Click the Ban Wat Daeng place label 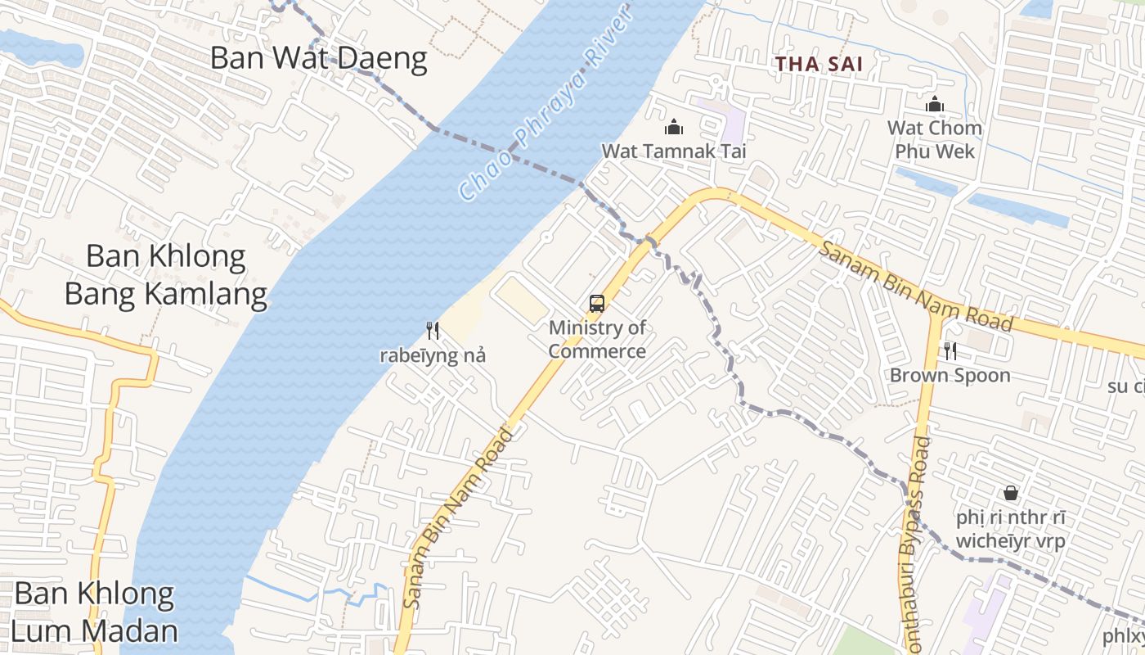(x=319, y=59)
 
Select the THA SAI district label (x=819, y=64)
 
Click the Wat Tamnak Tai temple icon (x=674, y=127)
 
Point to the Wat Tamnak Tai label (x=674, y=151)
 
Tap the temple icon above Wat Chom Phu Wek (x=935, y=104)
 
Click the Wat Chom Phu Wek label (x=935, y=140)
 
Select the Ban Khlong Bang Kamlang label (x=166, y=275)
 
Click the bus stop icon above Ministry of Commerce (x=597, y=304)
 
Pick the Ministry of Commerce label (x=597, y=340)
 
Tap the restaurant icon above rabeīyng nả (x=433, y=331)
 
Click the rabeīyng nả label (x=433, y=355)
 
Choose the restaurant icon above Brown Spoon (x=950, y=351)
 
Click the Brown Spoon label (x=950, y=376)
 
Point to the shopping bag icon (x=1011, y=493)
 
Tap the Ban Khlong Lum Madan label (x=96, y=612)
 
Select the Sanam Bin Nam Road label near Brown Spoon (x=916, y=287)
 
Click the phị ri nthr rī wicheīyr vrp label (x=1011, y=530)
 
